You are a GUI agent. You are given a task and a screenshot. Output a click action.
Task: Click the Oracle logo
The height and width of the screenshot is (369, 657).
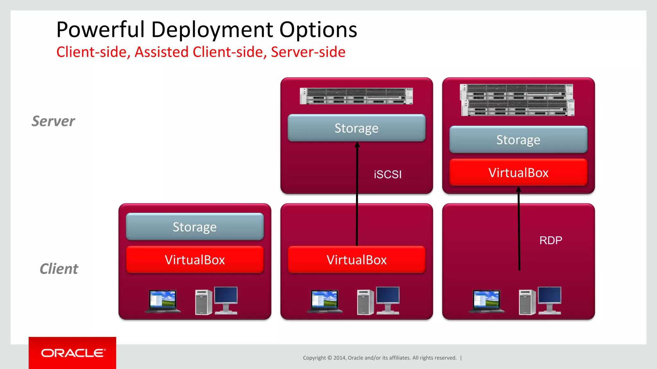coord(73,353)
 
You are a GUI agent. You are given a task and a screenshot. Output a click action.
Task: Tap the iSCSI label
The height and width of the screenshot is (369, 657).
coord(388,175)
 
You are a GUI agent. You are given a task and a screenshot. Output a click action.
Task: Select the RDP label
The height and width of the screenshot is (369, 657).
coord(550,240)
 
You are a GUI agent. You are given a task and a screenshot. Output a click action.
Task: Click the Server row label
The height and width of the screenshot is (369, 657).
coord(53,121)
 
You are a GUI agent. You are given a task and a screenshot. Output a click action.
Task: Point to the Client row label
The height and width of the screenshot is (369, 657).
coord(59,269)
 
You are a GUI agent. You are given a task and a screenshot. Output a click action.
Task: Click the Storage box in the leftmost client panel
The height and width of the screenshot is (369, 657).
coord(195,227)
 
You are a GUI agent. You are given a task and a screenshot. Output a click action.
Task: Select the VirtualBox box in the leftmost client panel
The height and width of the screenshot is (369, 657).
coord(195,260)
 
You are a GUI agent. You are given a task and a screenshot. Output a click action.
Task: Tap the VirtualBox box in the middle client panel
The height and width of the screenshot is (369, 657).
coord(356,260)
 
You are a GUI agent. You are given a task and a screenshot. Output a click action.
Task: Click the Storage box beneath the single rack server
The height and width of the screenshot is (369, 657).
coord(356,128)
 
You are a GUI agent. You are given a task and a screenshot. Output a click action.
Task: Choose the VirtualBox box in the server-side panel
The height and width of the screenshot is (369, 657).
coord(518,173)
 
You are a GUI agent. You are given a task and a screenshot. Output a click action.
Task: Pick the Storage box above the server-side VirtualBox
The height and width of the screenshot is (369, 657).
coord(518,140)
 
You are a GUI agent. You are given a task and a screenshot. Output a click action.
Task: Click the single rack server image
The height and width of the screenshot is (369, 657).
coord(356,96)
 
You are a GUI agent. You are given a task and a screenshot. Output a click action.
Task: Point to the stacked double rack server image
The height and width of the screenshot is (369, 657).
coord(517,100)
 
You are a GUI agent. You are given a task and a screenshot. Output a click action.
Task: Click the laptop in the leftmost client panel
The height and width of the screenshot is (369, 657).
coord(163,301)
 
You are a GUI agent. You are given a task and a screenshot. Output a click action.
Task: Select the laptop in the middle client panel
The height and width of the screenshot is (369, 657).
coord(325,301)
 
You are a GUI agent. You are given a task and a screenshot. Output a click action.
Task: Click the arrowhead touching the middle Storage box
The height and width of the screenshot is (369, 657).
coord(357,145)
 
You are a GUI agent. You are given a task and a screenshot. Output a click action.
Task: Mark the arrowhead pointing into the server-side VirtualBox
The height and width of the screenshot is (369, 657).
coord(518,190)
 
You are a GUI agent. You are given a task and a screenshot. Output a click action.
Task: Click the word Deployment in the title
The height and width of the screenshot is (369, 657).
coord(212,30)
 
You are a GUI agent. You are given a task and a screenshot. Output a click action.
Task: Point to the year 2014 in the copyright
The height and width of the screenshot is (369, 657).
coord(340,358)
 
